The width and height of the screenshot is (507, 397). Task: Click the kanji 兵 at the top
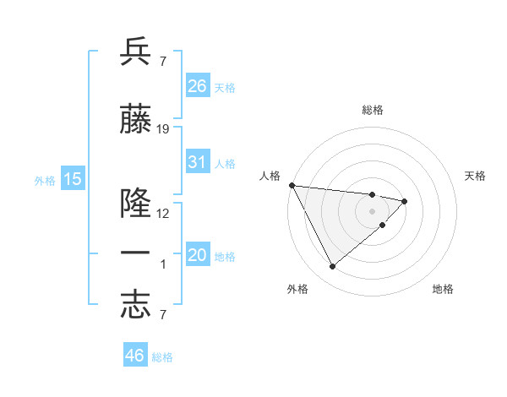(x=136, y=52)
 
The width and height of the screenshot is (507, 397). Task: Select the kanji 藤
(x=136, y=120)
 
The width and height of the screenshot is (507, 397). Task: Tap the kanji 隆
(x=136, y=204)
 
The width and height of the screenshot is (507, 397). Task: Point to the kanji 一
(x=136, y=254)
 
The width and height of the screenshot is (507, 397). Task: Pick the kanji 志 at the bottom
(x=136, y=305)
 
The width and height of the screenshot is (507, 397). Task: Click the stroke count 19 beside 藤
(x=163, y=129)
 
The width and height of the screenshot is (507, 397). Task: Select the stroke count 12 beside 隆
(x=163, y=214)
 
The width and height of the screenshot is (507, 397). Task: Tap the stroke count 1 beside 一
(x=163, y=264)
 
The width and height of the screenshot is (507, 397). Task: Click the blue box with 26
(x=198, y=86)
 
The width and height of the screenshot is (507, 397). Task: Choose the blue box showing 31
(x=198, y=162)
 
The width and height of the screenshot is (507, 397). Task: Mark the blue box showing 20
(x=198, y=255)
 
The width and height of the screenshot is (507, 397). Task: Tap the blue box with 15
(x=73, y=178)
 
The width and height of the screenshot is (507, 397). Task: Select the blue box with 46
(x=135, y=356)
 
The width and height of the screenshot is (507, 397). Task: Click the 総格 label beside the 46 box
(x=162, y=357)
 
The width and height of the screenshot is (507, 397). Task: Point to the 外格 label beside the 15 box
(x=45, y=180)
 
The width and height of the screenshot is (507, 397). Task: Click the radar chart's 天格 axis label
(x=475, y=176)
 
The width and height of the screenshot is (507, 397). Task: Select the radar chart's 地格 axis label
(x=443, y=289)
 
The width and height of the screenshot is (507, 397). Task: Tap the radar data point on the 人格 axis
(x=292, y=185)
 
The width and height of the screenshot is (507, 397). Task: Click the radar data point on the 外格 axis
(x=332, y=267)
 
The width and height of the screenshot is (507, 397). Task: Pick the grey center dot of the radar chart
(x=373, y=210)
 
